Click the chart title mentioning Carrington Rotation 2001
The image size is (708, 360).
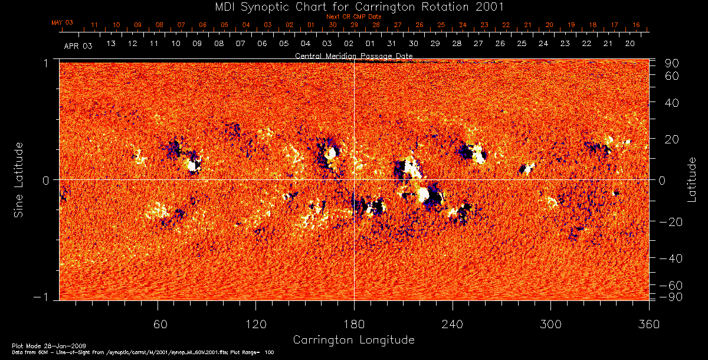click(353, 6)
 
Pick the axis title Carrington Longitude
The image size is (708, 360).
click(353, 340)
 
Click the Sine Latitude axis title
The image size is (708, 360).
click(19, 179)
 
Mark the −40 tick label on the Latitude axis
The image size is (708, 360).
click(670, 258)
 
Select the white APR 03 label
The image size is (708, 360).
click(78, 45)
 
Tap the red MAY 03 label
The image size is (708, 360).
click(63, 22)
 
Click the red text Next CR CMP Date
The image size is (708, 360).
click(353, 17)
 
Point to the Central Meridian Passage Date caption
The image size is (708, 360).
click(353, 56)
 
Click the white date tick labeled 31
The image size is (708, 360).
click(391, 44)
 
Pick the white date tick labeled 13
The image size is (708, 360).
click(110, 44)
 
